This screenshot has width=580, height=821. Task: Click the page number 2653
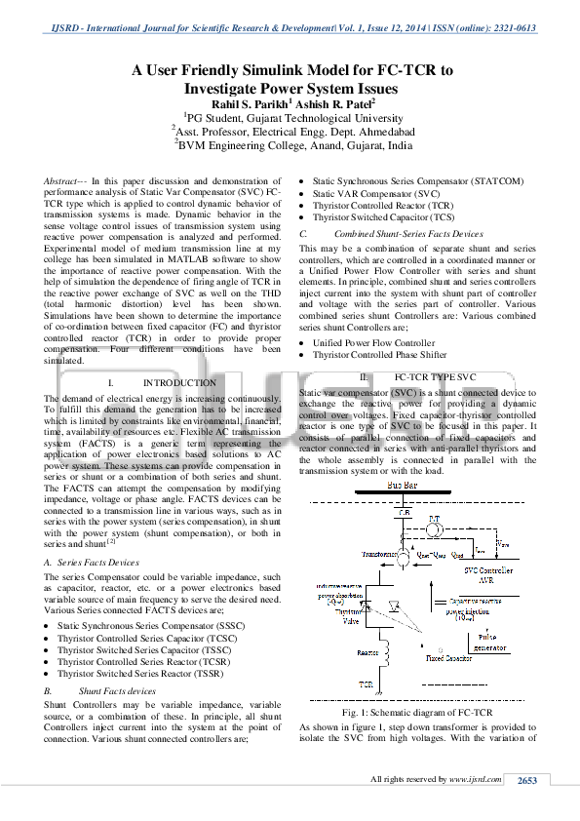(526, 780)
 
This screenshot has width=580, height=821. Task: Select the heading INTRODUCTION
(178, 383)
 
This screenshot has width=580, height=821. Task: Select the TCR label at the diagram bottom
(366, 684)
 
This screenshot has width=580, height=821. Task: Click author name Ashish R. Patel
(322, 104)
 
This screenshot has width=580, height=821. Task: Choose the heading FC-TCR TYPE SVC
(435, 376)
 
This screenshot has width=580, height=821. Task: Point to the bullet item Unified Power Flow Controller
(373, 343)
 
